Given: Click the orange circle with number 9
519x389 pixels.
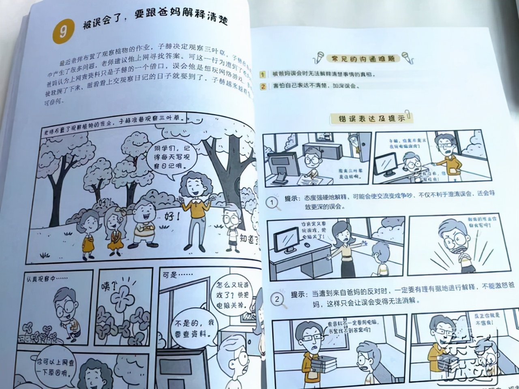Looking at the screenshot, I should (x=62, y=32).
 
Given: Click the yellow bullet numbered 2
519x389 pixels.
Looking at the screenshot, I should (x=263, y=86).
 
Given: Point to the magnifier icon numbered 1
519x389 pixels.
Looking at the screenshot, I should (x=273, y=202).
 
